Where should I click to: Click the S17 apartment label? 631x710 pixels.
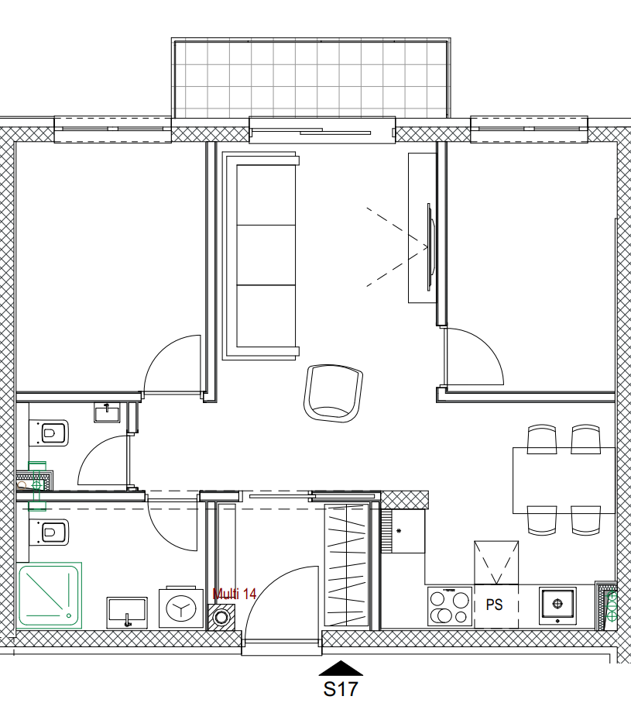[340, 689]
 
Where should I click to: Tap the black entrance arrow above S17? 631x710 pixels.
[341, 668]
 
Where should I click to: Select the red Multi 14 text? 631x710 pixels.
[235, 594]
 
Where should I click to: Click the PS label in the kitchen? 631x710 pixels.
[495, 605]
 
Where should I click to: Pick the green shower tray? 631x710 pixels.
[49, 595]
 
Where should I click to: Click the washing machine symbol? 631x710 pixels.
[181, 608]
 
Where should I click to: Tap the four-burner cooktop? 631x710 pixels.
[450, 607]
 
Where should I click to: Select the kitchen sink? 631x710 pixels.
[557, 606]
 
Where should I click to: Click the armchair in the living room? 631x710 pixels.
[334, 394]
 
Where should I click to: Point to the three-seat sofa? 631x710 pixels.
[261, 256]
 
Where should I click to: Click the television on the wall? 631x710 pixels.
[431, 247]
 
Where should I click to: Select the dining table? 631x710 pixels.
[564, 481]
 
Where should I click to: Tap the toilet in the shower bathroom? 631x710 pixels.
[49, 532]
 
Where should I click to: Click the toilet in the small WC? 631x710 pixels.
[49, 433]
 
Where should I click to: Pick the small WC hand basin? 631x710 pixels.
[107, 412]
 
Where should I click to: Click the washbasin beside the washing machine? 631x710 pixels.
[127, 612]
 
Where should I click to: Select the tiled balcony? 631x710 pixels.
[310, 79]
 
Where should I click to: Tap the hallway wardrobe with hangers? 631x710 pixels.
[347, 564]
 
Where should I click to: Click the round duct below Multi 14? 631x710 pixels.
[221, 617]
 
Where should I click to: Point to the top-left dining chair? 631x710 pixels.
[542, 439]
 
